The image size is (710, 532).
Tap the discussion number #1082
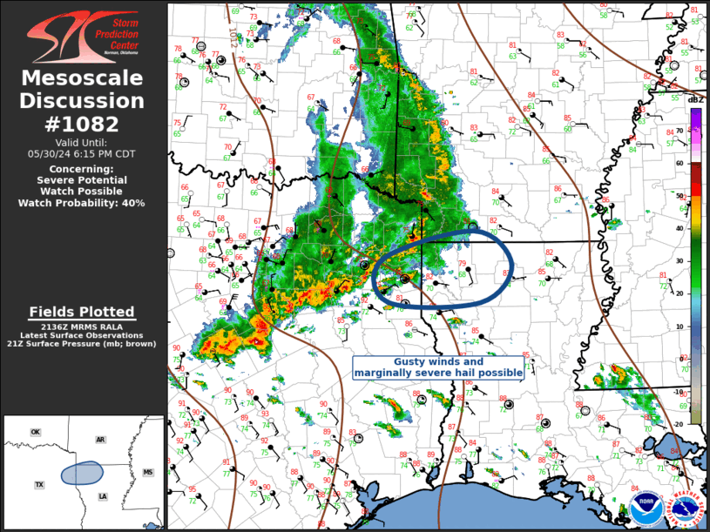click(83, 124)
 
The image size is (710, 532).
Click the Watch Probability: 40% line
click(83, 203)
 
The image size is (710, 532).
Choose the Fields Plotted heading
click(82, 312)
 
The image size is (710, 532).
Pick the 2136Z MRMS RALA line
click(83, 327)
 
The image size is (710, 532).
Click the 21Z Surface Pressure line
click(83, 344)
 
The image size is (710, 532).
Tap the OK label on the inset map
click(36, 432)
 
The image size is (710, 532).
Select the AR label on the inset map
click(100, 440)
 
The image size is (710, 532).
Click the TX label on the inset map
click(39, 484)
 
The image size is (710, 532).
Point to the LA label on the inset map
click(103, 496)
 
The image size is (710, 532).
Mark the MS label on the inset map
click(147, 472)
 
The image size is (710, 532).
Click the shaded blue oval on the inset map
click(81, 473)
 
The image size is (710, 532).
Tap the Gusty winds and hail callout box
click(438, 367)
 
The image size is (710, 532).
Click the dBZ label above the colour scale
click(695, 100)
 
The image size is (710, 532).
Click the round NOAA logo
click(646, 510)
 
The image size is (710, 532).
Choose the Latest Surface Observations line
click(83, 335)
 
